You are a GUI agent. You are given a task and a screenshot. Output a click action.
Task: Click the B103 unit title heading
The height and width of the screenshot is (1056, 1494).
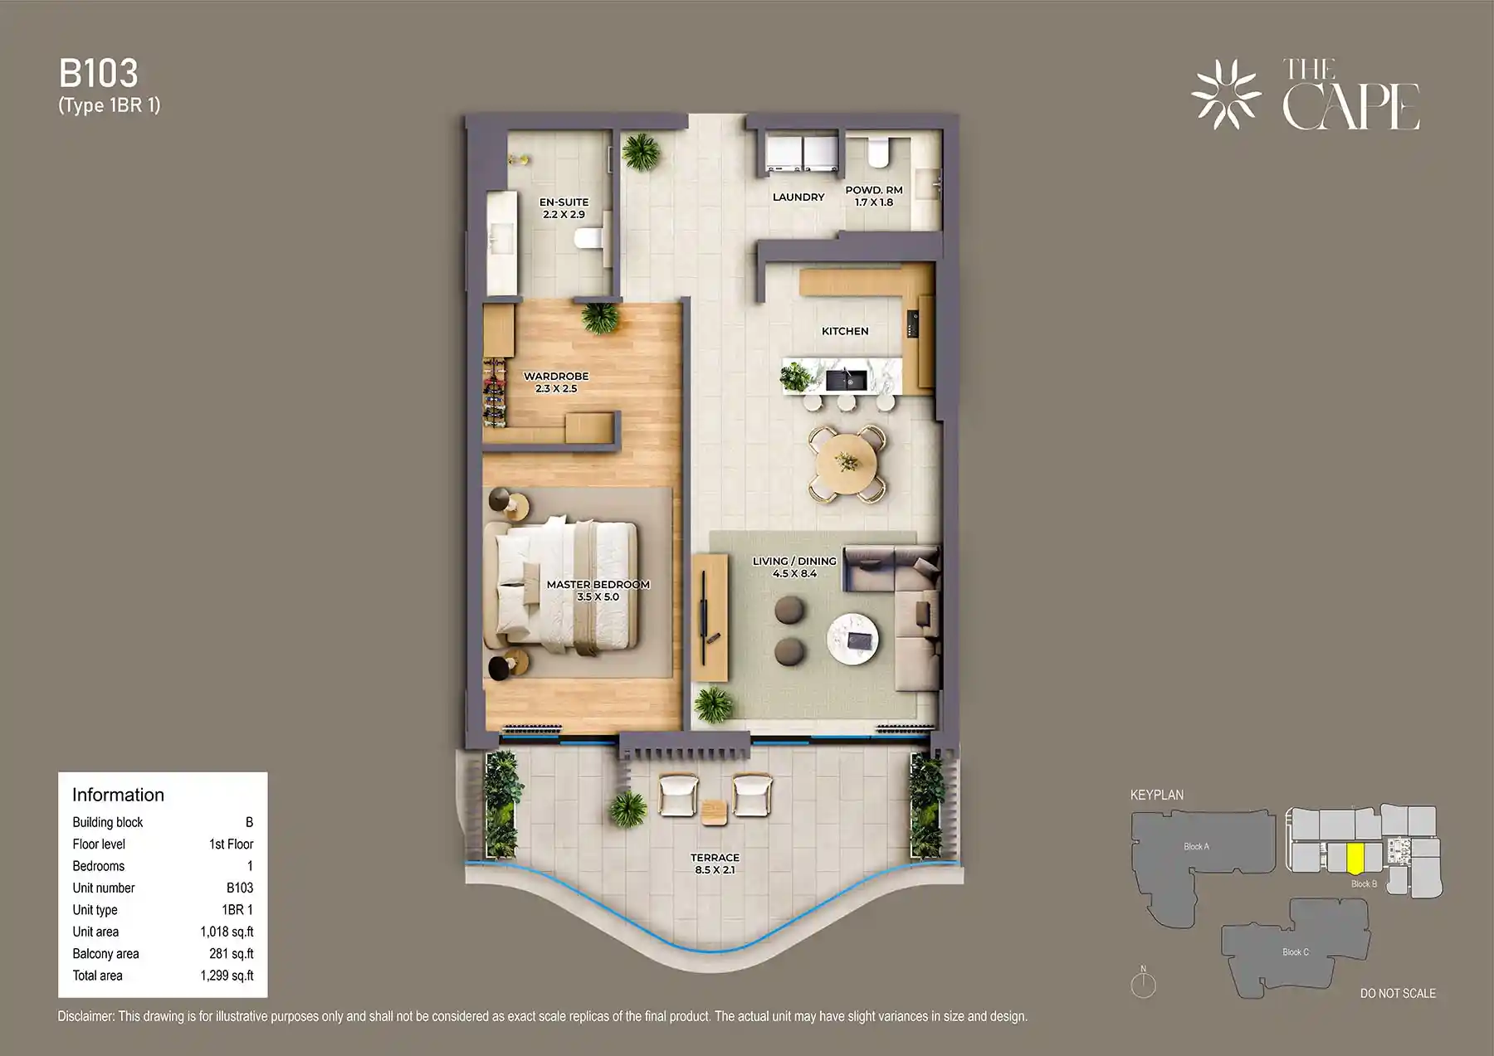pyautogui.click(x=98, y=74)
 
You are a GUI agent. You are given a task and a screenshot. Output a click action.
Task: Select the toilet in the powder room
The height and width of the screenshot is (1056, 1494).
pyautogui.click(x=876, y=153)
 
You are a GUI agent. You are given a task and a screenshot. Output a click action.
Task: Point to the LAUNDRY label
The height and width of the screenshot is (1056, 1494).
pyautogui.click(x=798, y=197)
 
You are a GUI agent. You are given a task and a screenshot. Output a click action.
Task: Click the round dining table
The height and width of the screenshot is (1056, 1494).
pyautogui.click(x=847, y=464)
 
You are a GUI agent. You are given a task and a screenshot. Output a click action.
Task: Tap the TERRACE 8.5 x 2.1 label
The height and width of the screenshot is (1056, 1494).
pyautogui.click(x=715, y=864)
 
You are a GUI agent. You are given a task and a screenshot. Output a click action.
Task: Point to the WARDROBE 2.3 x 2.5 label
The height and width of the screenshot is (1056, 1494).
pyautogui.click(x=555, y=382)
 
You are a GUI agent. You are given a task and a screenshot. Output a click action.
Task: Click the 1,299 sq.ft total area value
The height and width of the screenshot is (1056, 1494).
pyautogui.click(x=227, y=976)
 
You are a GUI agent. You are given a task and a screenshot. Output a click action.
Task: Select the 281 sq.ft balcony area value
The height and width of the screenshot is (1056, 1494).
pyautogui.click(x=231, y=954)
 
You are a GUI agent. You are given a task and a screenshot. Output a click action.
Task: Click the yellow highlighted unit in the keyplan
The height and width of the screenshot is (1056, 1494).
pyautogui.click(x=1355, y=858)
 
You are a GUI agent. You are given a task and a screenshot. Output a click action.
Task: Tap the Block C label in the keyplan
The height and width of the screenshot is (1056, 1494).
pyautogui.click(x=1295, y=951)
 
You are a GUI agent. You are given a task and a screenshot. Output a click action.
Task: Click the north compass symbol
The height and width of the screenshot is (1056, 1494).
pyautogui.click(x=1143, y=985)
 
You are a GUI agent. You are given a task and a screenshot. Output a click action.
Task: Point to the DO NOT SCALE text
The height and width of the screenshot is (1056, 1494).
pyautogui.click(x=1397, y=993)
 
